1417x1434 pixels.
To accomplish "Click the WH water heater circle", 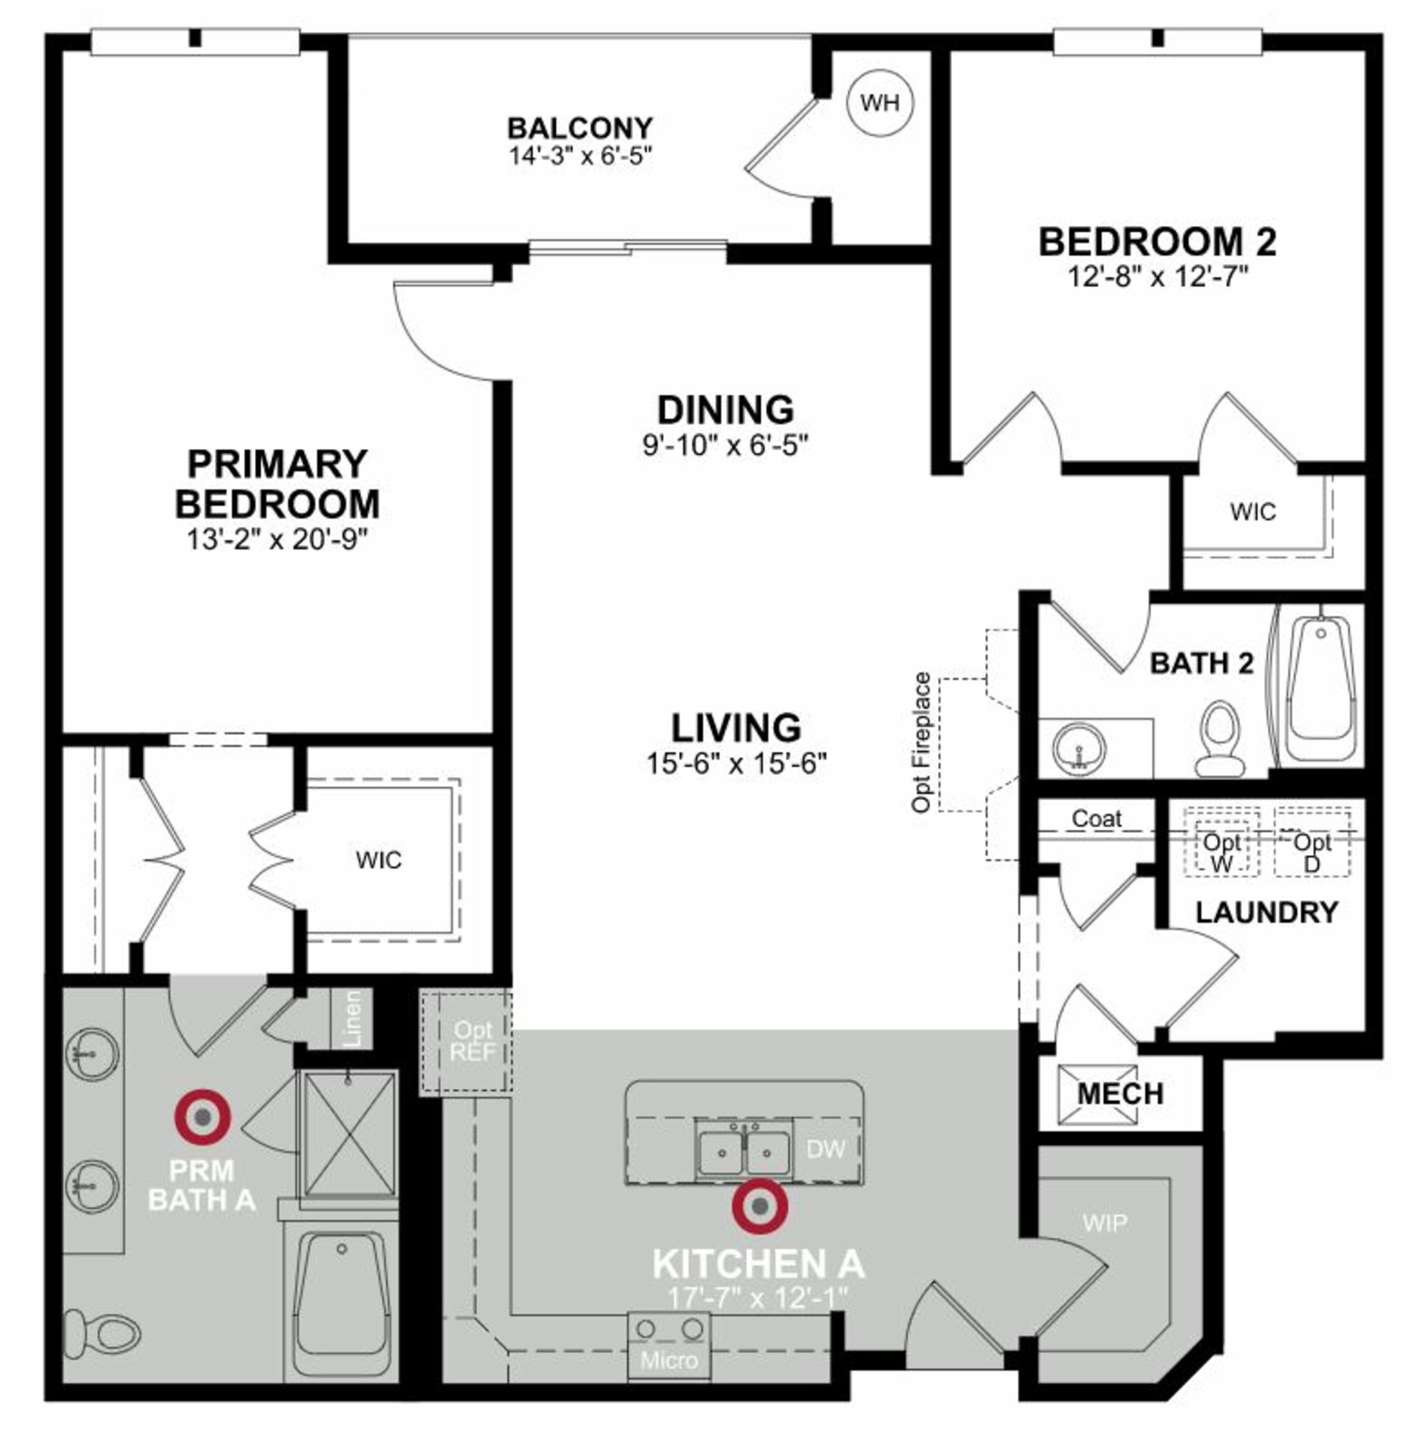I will tap(880, 102).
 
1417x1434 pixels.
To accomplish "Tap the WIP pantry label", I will tap(1105, 1222).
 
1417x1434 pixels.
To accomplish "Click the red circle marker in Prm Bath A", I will tap(203, 1117).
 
